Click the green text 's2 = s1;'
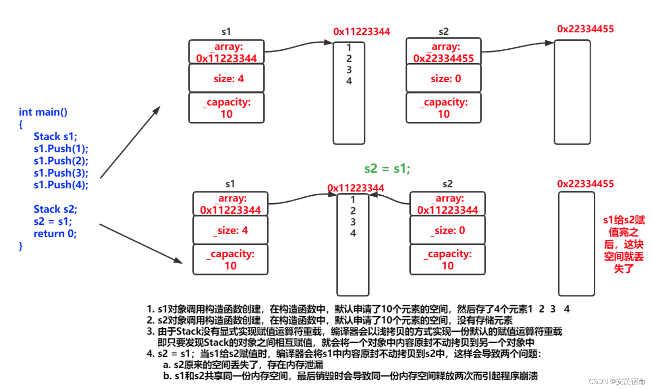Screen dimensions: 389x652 387,169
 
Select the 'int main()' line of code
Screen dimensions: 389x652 43,112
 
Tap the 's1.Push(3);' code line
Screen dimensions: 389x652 61,173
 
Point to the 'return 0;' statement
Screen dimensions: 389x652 55,234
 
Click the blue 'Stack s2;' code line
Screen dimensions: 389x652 55,209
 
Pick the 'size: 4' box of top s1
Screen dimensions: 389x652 226,79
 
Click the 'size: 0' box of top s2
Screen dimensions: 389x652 444,79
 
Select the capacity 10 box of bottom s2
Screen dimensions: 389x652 447,260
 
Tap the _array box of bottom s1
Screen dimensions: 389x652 230,204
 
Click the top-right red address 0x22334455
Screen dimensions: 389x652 585,29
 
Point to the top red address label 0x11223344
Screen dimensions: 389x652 361,32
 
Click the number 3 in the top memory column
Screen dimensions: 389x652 349,70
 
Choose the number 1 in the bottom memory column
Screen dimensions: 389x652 353,200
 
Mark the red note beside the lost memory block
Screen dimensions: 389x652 623,244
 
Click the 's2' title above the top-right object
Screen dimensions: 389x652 444,32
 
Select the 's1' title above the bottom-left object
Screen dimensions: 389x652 230,184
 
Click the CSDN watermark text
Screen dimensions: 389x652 617,382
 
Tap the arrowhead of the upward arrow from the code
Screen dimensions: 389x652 157,110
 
